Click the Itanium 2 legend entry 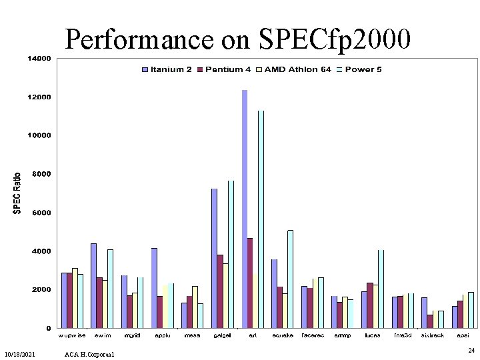167,69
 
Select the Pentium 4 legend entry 229,69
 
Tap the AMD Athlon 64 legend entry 297,69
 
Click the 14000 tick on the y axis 38,59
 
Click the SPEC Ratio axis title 17,193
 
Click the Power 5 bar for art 261,219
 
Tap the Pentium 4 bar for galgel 220,291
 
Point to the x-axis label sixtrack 432,335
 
